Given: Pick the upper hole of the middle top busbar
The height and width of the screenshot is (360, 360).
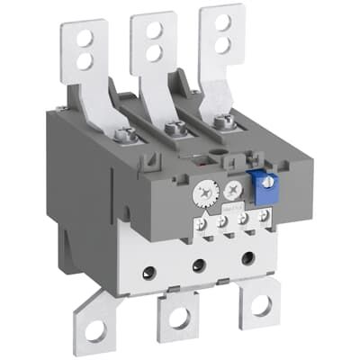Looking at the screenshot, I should pos(153,28).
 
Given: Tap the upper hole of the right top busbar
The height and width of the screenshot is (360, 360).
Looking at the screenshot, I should pos(221,22).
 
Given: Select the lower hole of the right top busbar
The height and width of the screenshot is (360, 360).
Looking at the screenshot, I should pos(222,42).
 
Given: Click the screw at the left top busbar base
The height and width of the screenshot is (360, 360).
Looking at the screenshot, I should pos(125,136).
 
